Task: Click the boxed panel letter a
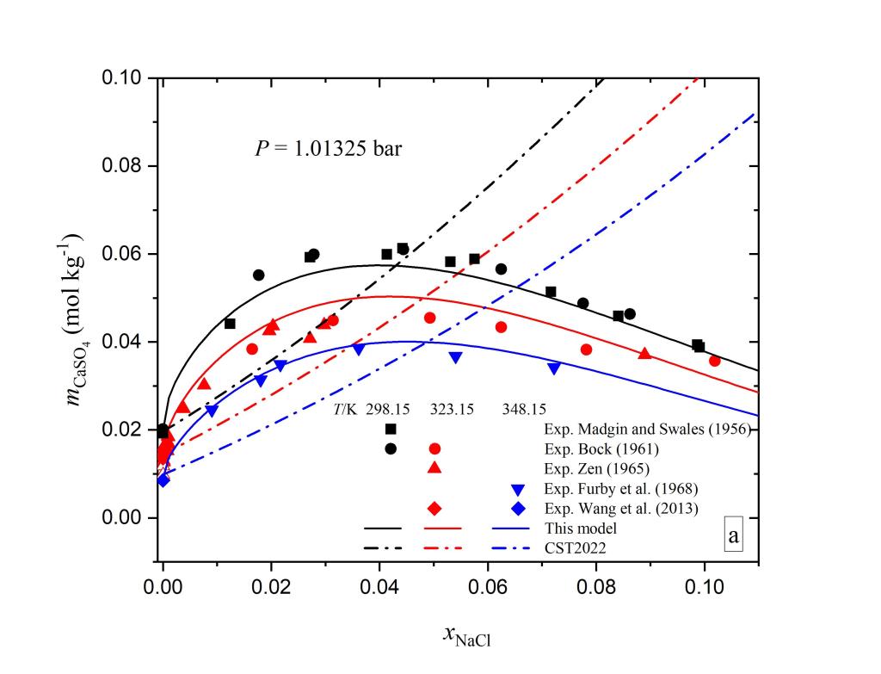click(733, 535)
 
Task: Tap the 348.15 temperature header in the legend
click(524, 410)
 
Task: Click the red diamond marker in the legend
click(434, 508)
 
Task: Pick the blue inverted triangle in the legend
click(507, 488)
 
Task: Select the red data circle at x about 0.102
click(714, 361)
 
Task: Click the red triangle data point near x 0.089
click(644, 353)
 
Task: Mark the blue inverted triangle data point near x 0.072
click(554, 368)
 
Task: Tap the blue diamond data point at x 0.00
click(163, 480)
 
